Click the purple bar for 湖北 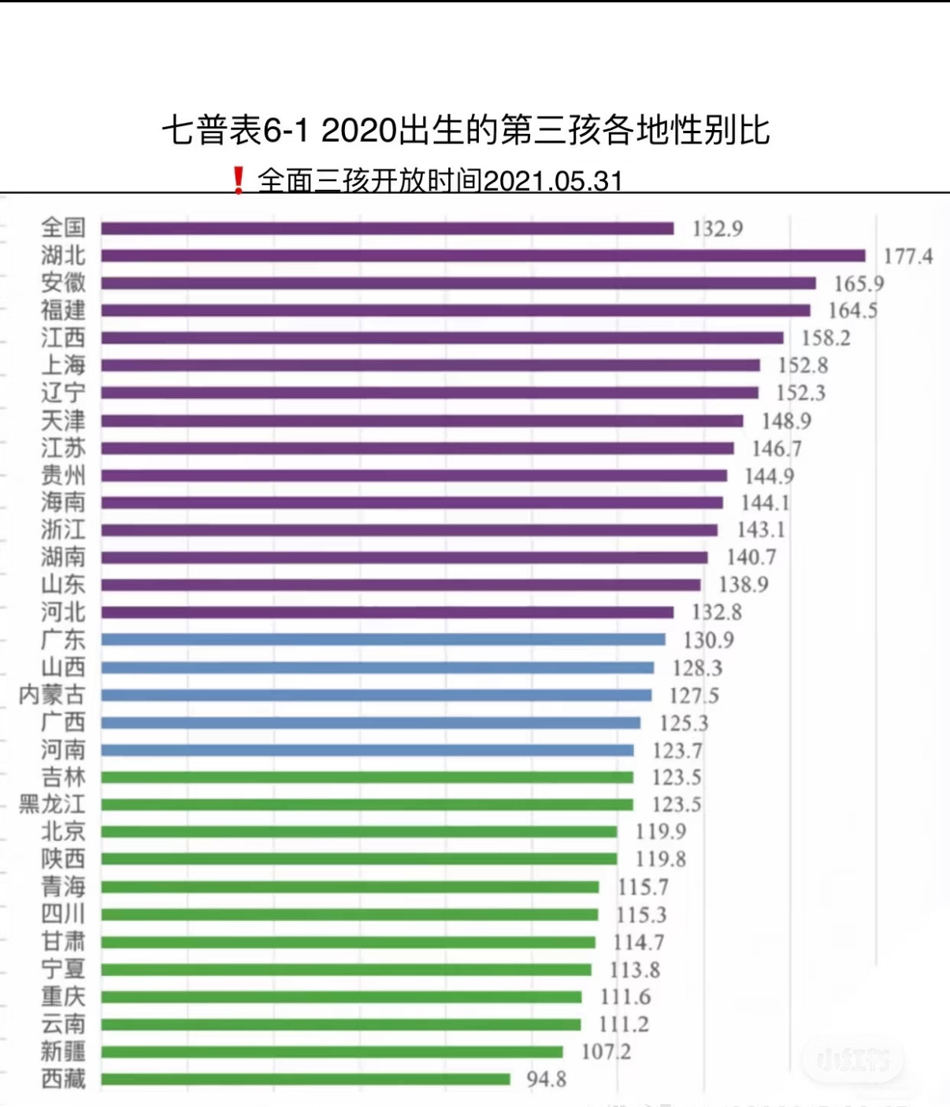(x=482, y=256)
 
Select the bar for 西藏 (x=306, y=1079)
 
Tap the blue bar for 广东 (x=383, y=640)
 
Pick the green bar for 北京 (x=358, y=832)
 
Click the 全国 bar (x=387, y=228)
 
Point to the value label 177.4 (x=907, y=257)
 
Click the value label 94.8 (x=546, y=1079)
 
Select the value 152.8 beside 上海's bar (x=803, y=366)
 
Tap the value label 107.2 (x=606, y=1052)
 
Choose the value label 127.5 (x=694, y=696)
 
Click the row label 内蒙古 (x=52, y=695)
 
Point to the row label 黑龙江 (x=52, y=804)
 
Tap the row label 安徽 (x=63, y=283)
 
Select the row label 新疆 (x=63, y=1052)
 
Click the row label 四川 (x=63, y=915)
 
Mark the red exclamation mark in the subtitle (x=238, y=180)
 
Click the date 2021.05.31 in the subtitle (x=553, y=181)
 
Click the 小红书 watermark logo (x=853, y=1061)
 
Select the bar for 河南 (x=367, y=750)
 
